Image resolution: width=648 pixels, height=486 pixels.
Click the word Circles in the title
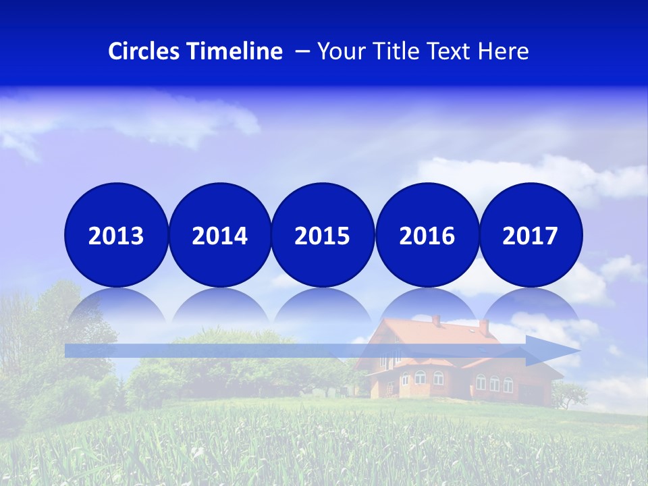(x=144, y=51)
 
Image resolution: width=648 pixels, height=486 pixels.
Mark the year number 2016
(x=427, y=236)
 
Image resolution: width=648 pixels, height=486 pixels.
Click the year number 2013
(x=116, y=236)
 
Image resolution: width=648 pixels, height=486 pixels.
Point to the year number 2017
(x=531, y=236)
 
